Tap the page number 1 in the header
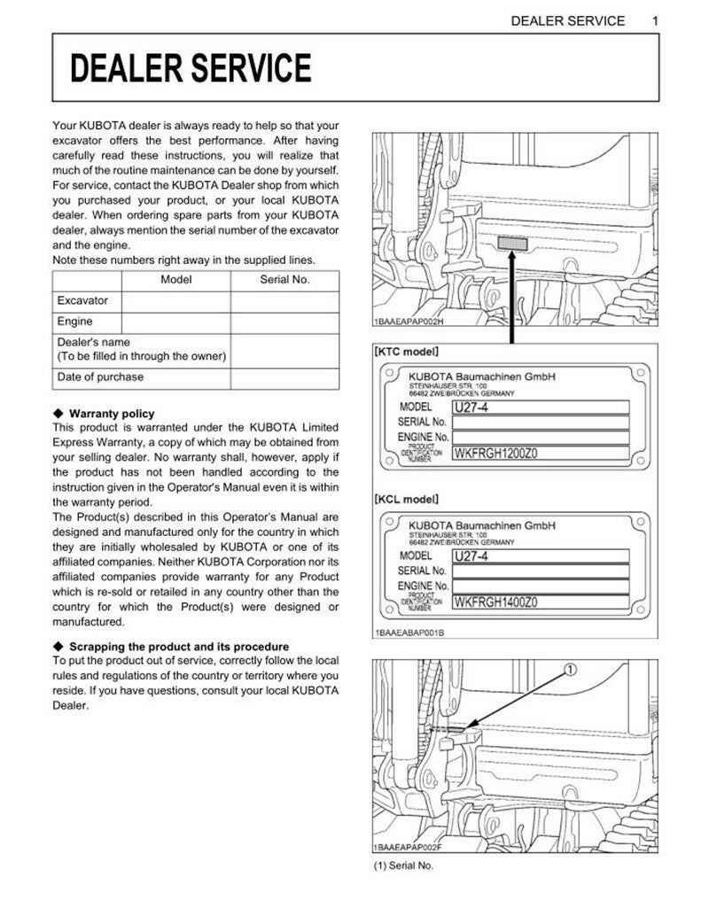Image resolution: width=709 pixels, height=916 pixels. pyautogui.click(x=654, y=20)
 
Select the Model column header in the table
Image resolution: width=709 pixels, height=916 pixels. pyautogui.click(x=175, y=279)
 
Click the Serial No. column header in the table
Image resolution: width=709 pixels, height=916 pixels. pyautogui.click(x=284, y=279)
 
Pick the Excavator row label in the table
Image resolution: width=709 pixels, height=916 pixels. pyautogui.click(x=82, y=301)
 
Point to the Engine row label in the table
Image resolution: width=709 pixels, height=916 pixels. pyautogui.click(x=75, y=322)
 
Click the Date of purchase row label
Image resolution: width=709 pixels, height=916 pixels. pyautogui.click(x=100, y=376)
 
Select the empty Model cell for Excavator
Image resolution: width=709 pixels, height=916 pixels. pyautogui.click(x=175, y=301)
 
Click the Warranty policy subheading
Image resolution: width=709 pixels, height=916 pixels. pyautogui.click(x=111, y=414)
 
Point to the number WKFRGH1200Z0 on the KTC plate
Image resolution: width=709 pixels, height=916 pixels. pyautogui.click(x=496, y=454)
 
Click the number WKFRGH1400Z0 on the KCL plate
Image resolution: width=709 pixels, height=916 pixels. pyautogui.click(x=496, y=602)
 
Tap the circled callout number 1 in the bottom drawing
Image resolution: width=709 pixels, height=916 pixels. pyautogui.click(x=570, y=669)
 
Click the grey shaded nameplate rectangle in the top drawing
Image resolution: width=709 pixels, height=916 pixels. pyautogui.click(x=512, y=244)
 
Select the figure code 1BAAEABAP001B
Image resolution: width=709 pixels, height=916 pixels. pyautogui.click(x=409, y=633)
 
